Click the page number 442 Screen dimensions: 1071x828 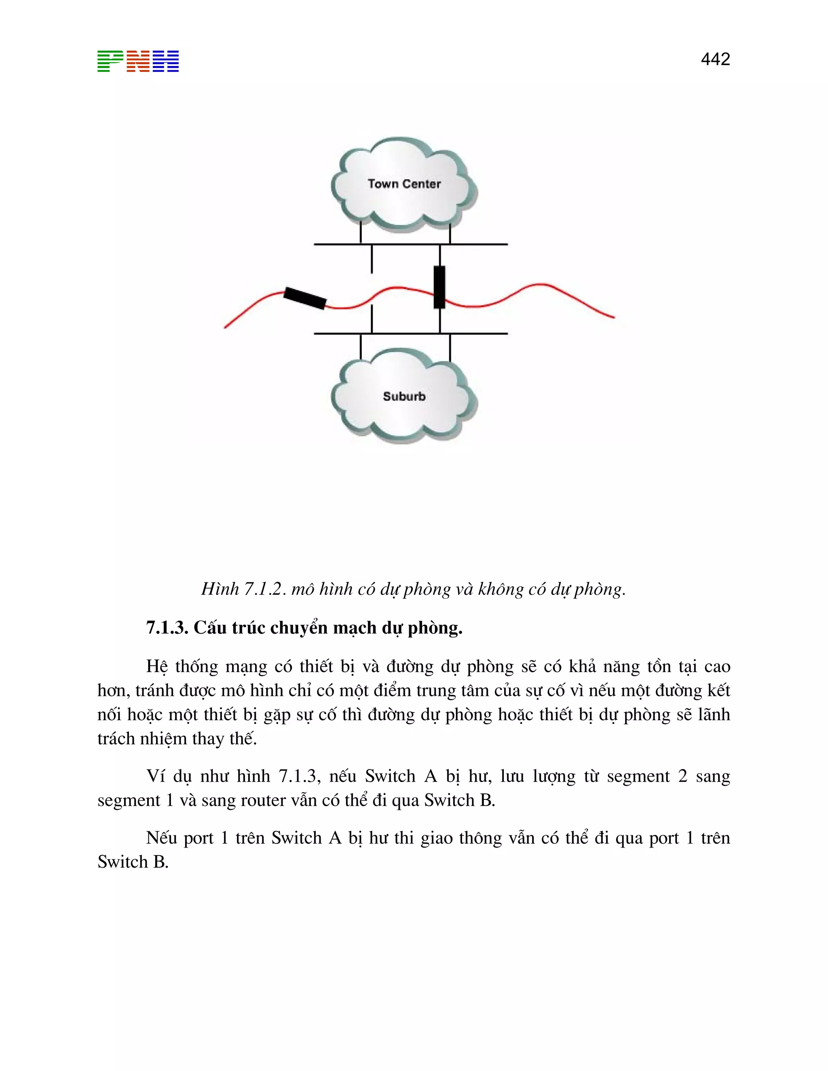[715, 59]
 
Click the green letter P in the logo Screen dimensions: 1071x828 [110, 61]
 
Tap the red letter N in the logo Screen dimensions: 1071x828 [138, 61]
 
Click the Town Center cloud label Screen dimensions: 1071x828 [404, 184]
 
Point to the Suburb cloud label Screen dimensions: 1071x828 [404, 396]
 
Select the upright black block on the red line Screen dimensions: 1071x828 [439, 287]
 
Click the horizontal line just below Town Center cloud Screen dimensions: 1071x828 [411, 244]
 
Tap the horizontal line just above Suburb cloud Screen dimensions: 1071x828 [411, 333]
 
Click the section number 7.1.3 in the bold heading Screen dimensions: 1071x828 [167, 628]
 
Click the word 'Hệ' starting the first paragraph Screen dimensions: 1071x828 [157, 667]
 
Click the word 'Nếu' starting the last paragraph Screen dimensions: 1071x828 [161, 838]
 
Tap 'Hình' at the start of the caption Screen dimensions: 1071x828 [220, 589]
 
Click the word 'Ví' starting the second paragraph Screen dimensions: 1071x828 [156, 776]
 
